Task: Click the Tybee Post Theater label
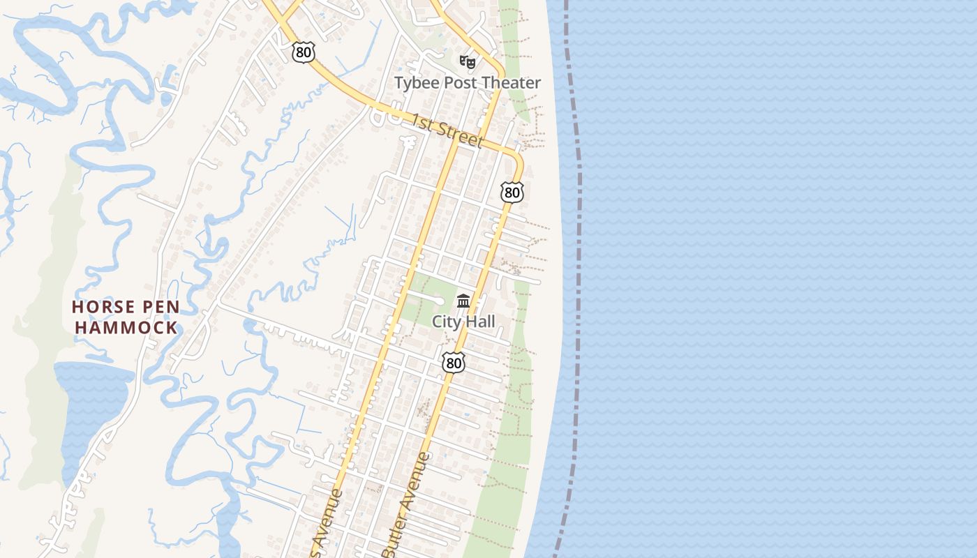click(x=467, y=83)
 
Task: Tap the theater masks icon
click(x=467, y=62)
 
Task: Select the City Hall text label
click(x=463, y=322)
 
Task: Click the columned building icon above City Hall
click(x=463, y=301)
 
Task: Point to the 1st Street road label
click(x=447, y=130)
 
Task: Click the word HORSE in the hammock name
click(x=104, y=307)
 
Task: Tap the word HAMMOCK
click(x=126, y=326)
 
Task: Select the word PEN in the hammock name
click(x=161, y=307)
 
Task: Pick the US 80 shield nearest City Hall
click(x=454, y=362)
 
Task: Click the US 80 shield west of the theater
click(x=304, y=52)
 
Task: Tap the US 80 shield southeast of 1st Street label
click(x=512, y=192)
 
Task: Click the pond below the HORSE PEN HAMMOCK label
click(x=91, y=405)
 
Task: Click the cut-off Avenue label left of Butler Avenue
click(x=326, y=520)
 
